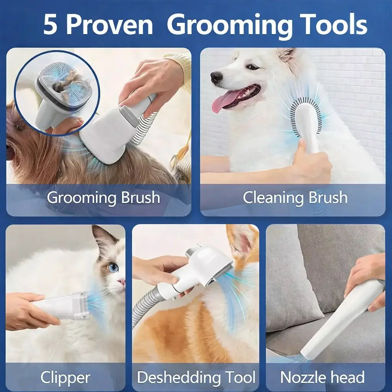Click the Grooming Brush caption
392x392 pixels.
pos(103,198)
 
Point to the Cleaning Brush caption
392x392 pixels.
pos(295,198)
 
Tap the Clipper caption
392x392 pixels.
pos(65,377)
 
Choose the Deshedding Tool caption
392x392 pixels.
pos(196,377)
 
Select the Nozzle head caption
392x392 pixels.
pos(322,377)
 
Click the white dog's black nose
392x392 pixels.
pos(216,77)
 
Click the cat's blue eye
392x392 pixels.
pos(113,268)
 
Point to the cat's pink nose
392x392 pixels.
pos(122,282)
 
